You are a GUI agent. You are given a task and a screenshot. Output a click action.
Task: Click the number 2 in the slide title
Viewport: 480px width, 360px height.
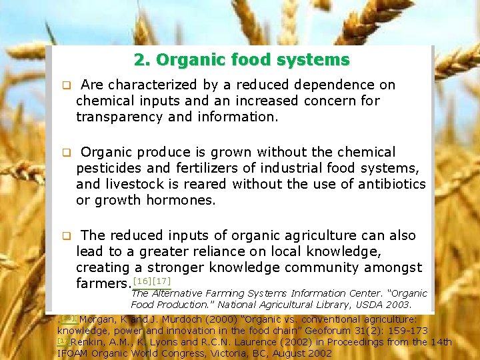138,60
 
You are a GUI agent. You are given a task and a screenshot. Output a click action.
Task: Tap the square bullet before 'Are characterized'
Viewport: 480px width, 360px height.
66,86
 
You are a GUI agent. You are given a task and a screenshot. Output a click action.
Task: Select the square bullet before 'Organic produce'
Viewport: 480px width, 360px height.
66,153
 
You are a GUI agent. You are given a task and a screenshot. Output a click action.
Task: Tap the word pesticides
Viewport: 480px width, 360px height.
109,168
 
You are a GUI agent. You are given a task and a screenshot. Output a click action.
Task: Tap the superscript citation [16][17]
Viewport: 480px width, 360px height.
152,281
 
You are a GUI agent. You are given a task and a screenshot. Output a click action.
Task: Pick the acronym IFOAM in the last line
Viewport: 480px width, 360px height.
73,353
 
